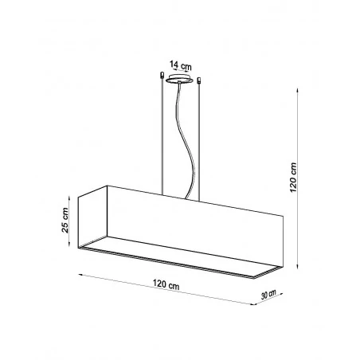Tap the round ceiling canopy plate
point(180,80)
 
